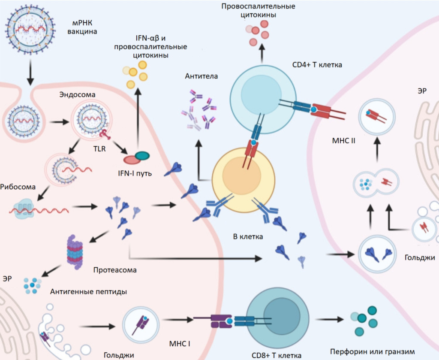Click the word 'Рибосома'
[x=18, y=187]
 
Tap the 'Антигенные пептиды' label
[x=88, y=292]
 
